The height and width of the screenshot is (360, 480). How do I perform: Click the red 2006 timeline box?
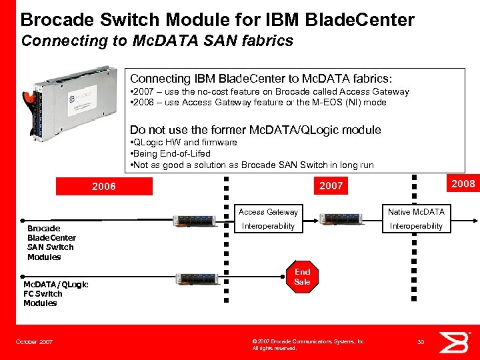(103, 187)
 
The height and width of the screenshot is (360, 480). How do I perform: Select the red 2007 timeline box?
(331, 186)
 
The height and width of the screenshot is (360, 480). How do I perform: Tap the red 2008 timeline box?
(463, 183)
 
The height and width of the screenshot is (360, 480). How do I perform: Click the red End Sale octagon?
(302, 277)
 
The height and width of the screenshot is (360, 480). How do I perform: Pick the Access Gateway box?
(268, 212)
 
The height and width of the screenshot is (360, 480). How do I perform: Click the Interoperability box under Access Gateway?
(268, 226)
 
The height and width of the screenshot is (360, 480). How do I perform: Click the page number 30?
(420, 342)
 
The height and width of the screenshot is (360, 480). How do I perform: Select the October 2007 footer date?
(35, 342)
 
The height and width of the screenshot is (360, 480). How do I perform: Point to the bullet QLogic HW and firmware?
(183, 142)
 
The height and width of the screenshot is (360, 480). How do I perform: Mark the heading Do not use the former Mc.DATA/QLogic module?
(255, 130)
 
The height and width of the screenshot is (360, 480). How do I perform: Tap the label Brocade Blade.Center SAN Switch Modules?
(51, 243)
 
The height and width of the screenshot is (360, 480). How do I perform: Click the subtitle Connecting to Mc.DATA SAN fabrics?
(157, 41)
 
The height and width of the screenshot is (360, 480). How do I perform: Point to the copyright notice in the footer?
(308, 345)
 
